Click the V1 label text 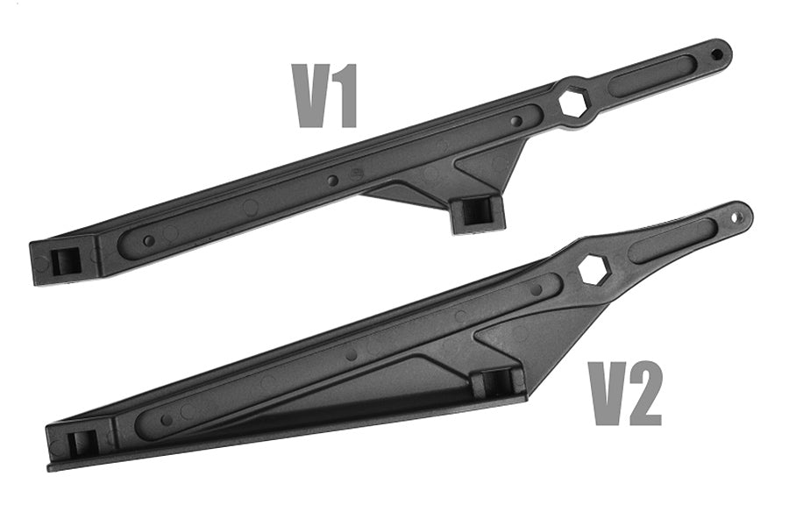point(325,96)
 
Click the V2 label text point(625,393)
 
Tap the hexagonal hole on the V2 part point(594,269)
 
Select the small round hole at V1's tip point(716,53)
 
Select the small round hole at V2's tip point(736,217)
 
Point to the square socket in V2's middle point(495,383)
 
